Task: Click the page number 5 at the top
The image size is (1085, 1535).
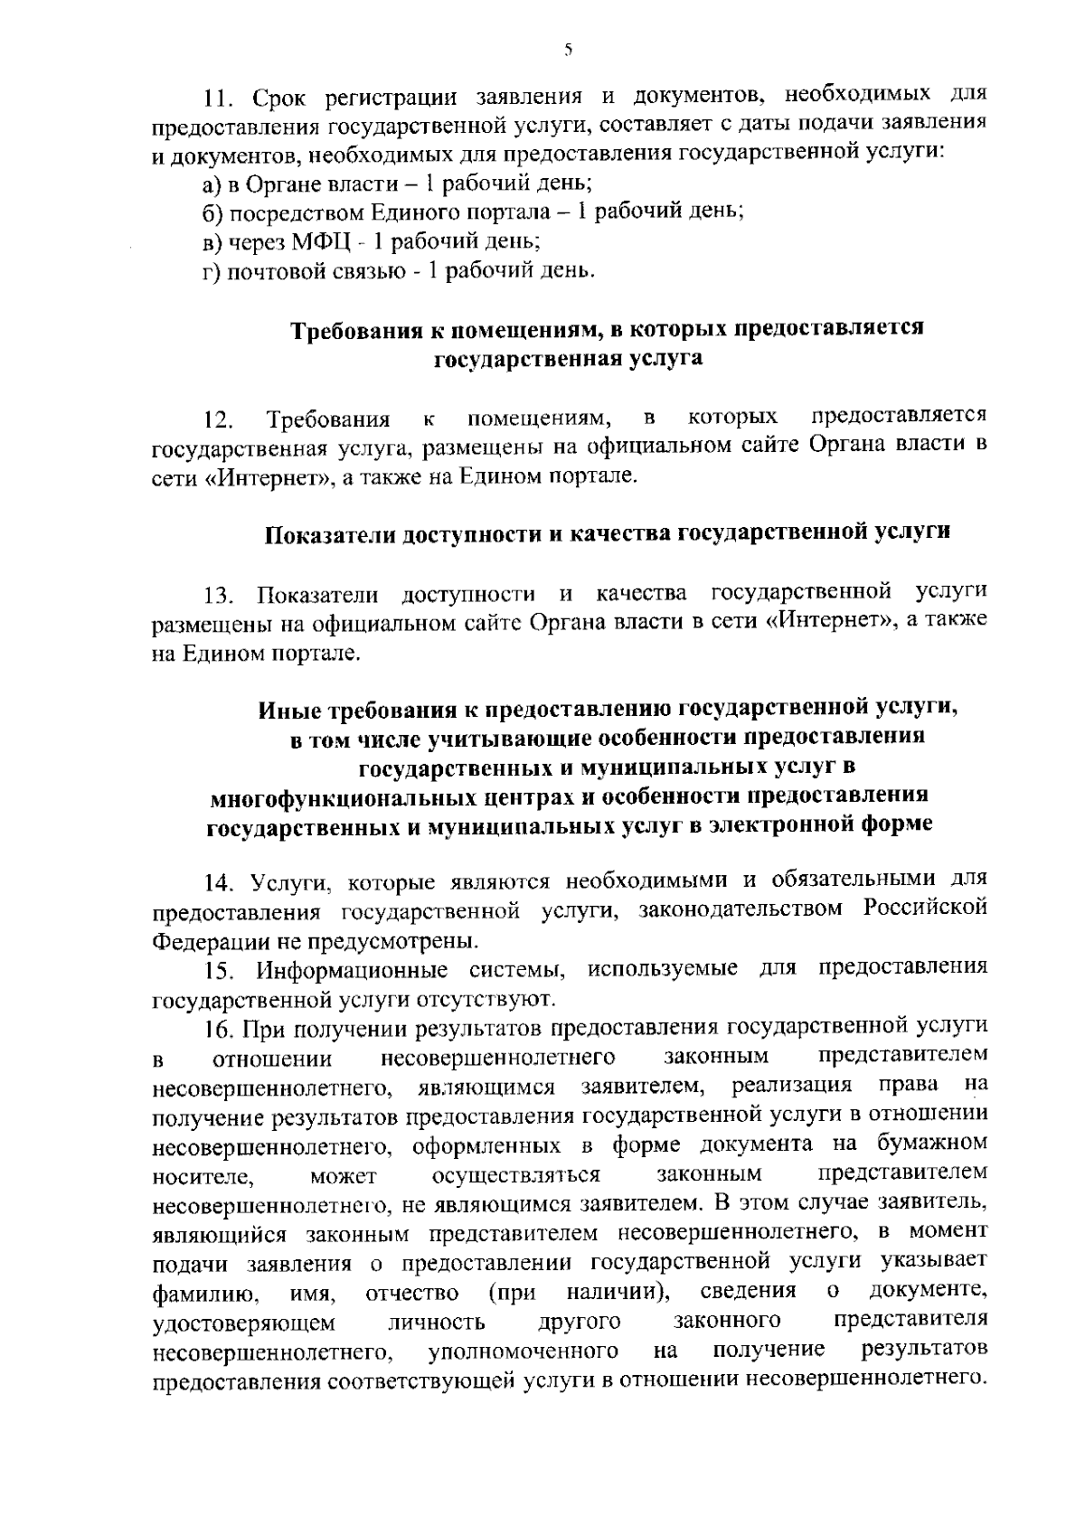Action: tap(567, 51)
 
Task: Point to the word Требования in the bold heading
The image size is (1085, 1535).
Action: tap(360, 330)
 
